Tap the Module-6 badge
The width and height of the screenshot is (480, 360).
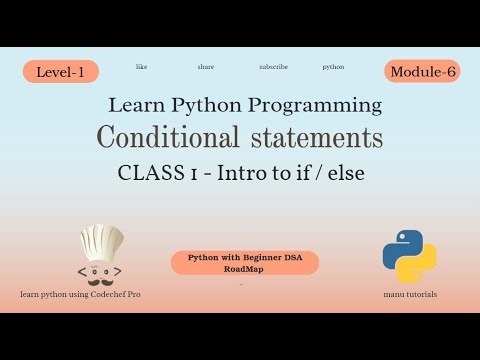tap(421, 71)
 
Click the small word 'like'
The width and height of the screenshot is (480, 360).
tap(141, 67)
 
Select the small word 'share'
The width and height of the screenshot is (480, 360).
tap(206, 67)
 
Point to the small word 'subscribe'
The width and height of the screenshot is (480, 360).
tap(273, 67)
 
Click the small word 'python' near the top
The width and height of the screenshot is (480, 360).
tap(333, 67)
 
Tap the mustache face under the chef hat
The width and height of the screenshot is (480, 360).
tap(100, 272)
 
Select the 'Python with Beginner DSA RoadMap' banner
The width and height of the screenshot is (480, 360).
tap(245, 262)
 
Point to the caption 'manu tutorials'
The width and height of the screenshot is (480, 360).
tap(409, 294)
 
